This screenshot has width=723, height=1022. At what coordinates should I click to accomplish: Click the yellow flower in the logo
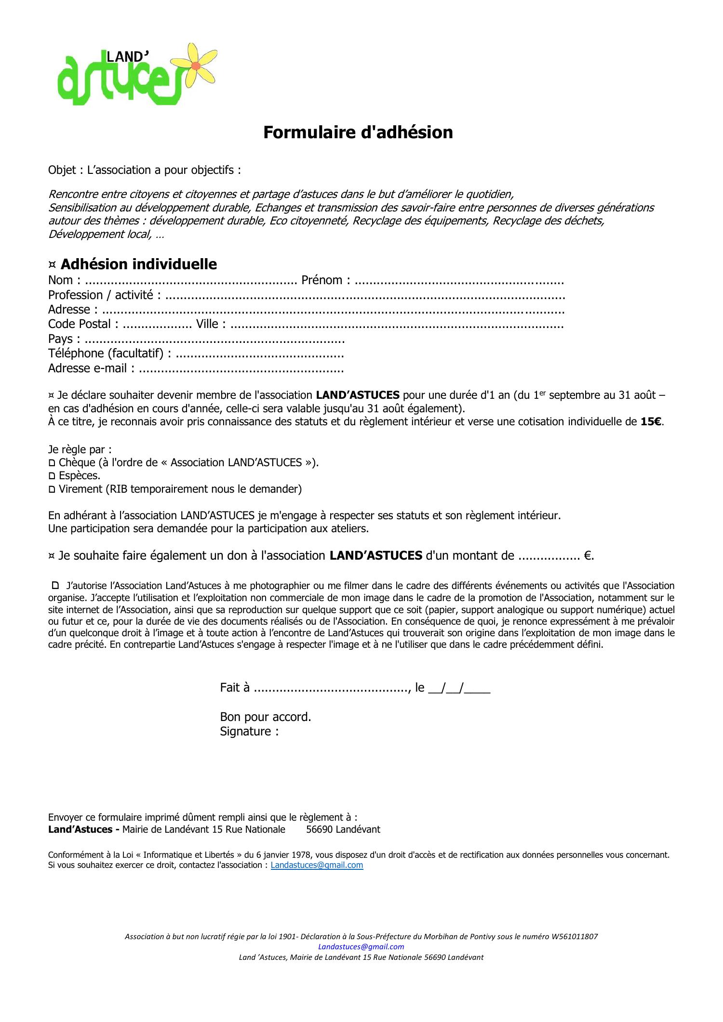click(196, 65)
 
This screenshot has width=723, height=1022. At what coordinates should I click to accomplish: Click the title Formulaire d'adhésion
click(358, 132)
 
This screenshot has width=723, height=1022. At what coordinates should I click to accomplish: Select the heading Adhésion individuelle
click(138, 264)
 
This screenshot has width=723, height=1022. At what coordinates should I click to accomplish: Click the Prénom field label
click(321, 280)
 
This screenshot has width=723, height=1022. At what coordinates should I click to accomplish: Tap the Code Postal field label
click(80, 324)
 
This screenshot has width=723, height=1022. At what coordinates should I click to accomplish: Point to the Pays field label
click(60, 339)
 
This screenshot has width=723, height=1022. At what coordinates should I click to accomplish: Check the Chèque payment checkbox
click(52, 463)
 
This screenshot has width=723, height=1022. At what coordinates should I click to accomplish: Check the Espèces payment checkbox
click(52, 476)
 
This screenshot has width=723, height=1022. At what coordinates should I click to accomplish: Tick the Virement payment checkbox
click(52, 489)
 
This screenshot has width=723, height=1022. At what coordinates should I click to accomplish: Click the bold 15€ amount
click(651, 422)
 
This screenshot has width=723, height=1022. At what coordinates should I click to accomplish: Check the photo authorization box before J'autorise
click(55, 586)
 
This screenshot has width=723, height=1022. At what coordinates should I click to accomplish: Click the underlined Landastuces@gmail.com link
click(317, 865)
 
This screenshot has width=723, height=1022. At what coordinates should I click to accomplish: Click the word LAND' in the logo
click(127, 57)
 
